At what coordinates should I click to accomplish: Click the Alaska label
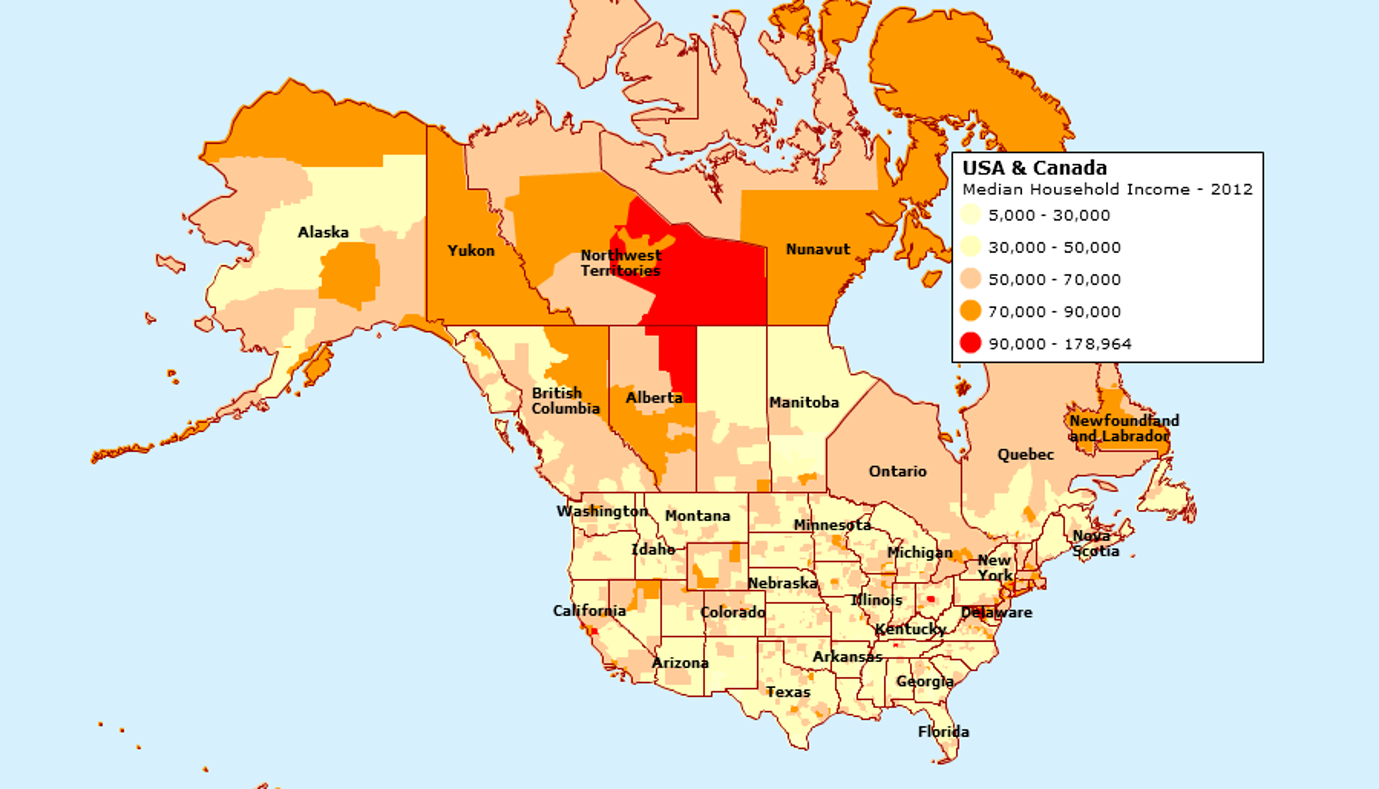pos(323,232)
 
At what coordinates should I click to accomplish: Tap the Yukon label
pos(471,251)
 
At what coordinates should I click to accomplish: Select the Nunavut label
pos(818,249)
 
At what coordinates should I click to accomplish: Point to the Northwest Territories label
pos(621,263)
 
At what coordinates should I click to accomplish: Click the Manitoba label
pos(804,403)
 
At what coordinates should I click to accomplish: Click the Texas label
pos(788,692)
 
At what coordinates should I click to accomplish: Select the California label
pos(589,611)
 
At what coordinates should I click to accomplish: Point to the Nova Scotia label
pos(1096,543)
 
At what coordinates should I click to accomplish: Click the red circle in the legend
pos(970,344)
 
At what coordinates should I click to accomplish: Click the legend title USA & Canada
pos(1034,168)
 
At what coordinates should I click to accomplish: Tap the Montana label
pos(698,516)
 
